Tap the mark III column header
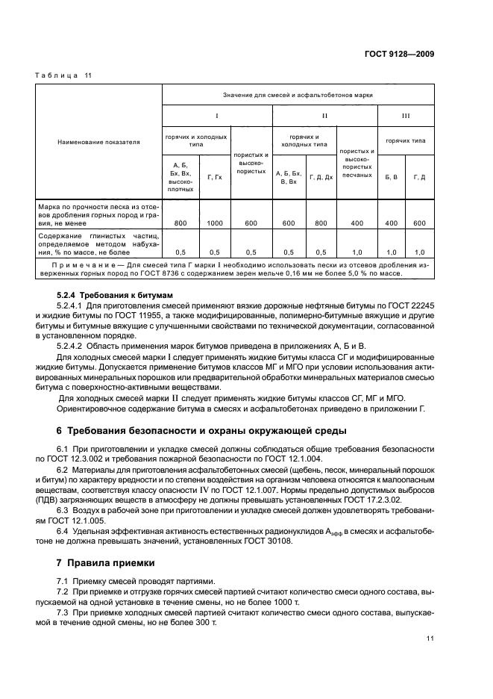[x=406, y=116]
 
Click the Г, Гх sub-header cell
[x=215, y=177]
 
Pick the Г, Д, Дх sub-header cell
[x=321, y=177]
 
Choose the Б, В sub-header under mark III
[x=391, y=177]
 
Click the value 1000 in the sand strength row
[x=215, y=223]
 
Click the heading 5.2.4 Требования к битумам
[x=109, y=296]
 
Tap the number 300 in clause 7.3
[x=198, y=621]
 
